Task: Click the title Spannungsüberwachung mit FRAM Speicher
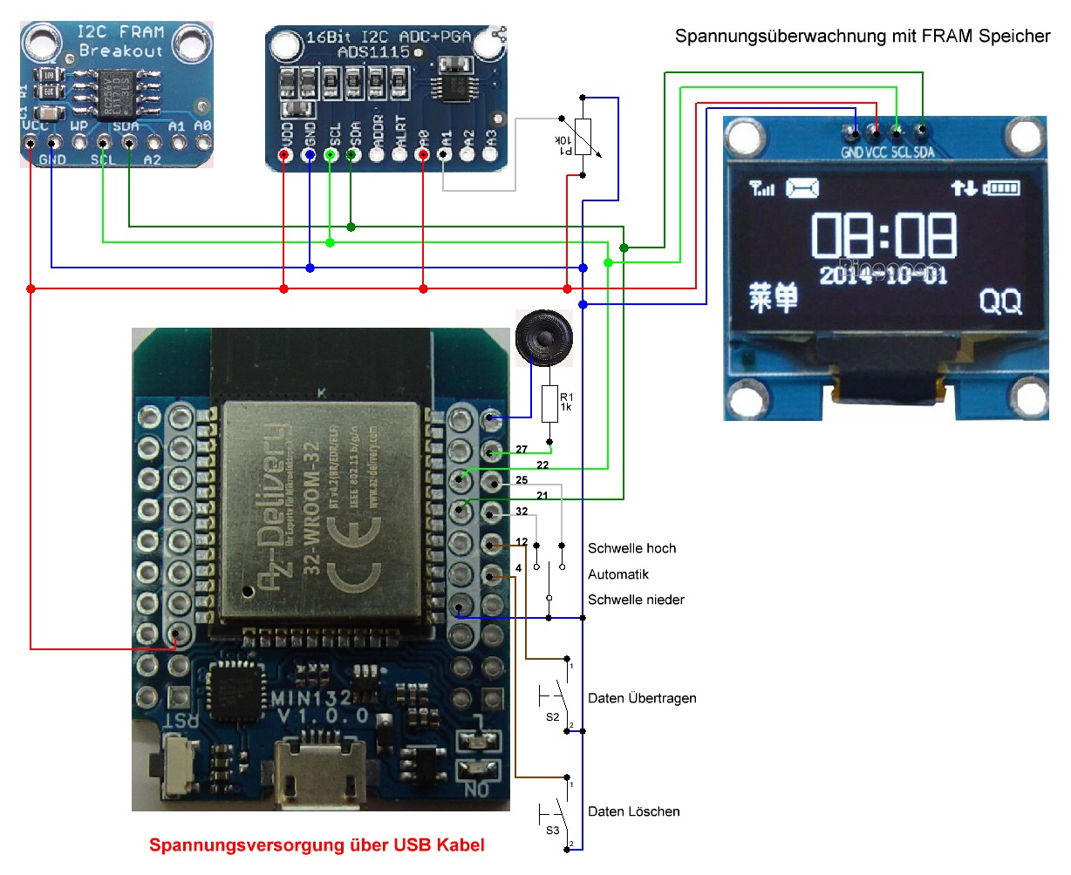[862, 36]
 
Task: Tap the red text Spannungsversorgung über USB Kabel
[317, 844]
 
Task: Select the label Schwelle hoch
[631, 548]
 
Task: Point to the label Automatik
[617, 574]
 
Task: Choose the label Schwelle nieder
[636, 600]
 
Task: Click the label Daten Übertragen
[642, 698]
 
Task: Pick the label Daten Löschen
[633, 811]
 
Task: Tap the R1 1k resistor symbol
[549, 404]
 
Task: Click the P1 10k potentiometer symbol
[583, 138]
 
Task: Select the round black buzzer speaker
[543, 336]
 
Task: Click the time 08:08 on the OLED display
[883, 235]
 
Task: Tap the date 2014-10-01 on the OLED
[882, 275]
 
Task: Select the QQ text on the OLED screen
[999, 302]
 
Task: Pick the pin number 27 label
[522, 450]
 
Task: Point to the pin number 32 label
[522, 512]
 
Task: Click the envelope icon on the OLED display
[802, 187]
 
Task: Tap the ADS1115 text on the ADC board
[373, 52]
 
